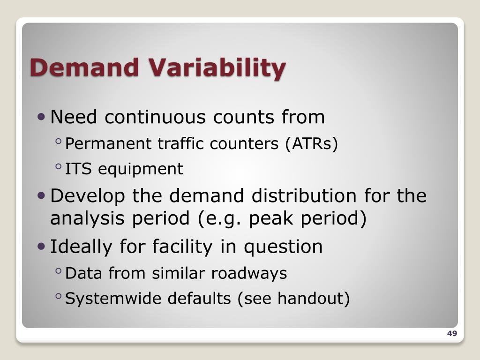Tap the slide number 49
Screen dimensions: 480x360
pos(452,334)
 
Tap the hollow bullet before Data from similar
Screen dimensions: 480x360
pos(58,270)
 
